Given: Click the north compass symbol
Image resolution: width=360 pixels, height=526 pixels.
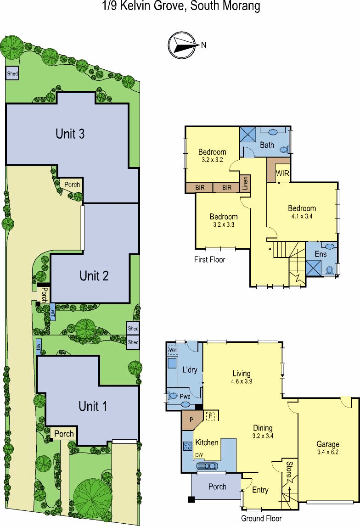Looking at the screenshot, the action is pos(182,45).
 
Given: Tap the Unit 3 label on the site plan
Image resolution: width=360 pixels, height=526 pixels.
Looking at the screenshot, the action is pos(70,134).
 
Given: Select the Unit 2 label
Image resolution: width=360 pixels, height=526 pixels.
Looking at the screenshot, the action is pos(94,276).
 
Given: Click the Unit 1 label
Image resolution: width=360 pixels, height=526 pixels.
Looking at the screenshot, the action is pos(93,406).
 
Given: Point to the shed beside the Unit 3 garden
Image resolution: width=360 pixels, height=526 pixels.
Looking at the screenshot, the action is pos(12,73).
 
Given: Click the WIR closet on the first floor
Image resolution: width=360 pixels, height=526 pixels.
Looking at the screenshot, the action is pos(282,173).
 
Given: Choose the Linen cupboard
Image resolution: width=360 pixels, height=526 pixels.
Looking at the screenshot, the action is pos(245,184).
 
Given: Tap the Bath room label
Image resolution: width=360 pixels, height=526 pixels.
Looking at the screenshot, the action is pos(267,145).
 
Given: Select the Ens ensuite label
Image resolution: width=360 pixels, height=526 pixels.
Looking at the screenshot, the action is pos(321,254).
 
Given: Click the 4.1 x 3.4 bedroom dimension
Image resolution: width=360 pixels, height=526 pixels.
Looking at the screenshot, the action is pos(302,216).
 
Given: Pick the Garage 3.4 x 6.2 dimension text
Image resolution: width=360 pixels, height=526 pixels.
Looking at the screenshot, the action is pos(328,452).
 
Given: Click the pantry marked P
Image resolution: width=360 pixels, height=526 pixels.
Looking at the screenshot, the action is pos(191,420).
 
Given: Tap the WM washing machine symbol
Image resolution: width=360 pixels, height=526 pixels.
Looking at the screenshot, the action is pos(173,351).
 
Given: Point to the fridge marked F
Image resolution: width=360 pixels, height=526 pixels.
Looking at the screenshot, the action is pos(211,416).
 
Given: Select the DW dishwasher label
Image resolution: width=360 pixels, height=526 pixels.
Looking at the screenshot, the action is pos(199,455).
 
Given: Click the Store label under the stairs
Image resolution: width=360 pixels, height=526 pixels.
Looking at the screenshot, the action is pos(288,469).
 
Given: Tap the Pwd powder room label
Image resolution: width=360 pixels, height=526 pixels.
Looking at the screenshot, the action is pos(185,396).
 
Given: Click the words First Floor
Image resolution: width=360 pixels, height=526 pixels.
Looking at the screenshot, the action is pos(210,259).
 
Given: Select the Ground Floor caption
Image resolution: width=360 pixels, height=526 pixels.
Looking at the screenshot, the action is pos(261,518).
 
